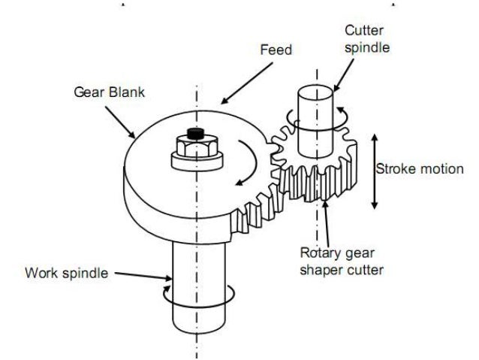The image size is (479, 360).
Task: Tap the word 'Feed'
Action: coord(276,50)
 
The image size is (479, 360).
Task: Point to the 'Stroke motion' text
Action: coord(420,169)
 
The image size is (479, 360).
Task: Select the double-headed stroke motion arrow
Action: coord(375,171)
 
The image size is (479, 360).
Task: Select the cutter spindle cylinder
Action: coord(314,113)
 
